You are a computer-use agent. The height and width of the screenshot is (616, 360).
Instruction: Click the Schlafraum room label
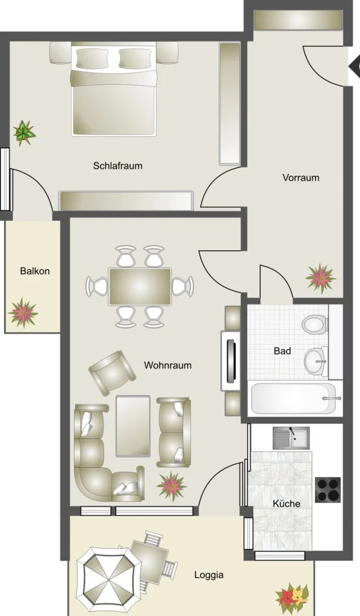(118, 166)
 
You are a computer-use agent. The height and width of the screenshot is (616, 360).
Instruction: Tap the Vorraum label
(301, 177)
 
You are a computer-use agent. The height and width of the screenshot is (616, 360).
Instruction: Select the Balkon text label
(35, 271)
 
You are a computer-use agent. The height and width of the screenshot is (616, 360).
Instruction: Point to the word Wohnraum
(168, 365)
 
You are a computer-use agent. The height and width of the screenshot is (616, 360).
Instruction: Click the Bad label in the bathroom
(282, 351)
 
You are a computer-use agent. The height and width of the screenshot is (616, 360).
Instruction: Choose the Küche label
(286, 504)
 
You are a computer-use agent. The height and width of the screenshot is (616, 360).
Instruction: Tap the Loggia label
(209, 575)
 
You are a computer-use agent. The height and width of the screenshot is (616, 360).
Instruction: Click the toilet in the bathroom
(315, 325)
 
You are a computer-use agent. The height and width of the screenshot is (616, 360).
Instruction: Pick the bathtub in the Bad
(294, 398)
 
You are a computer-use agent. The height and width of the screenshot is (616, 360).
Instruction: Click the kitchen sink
(291, 438)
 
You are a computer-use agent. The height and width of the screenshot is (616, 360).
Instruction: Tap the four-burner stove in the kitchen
(328, 489)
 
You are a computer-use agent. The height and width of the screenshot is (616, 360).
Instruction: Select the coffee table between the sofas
(133, 426)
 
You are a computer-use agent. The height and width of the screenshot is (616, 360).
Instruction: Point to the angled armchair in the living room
(112, 372)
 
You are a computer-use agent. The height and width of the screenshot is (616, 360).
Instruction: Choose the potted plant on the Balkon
(23, 313)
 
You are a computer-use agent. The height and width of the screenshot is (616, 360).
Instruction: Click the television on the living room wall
(230, 361)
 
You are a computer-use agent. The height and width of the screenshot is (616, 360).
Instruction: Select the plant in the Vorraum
(320, 278)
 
